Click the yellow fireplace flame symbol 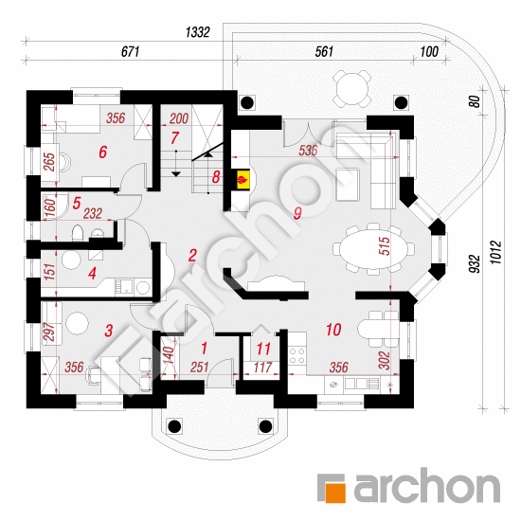point(243,180)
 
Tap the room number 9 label point(297,213)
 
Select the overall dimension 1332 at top point(198,32)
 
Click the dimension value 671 point(130,51)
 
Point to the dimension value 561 point(324,51)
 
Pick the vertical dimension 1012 point(496,253)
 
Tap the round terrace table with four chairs point(352,89)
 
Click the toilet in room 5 point(77,232)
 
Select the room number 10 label point(333,330)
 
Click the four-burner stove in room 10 point(297,355)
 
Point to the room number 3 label point(109,331)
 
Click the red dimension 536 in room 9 point(308,151)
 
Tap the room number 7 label point(175,138)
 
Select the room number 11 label point(263,349)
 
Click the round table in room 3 point(77,323)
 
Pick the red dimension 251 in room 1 point(199,368)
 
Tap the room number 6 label point(103,153)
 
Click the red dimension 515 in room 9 point(384,246)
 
